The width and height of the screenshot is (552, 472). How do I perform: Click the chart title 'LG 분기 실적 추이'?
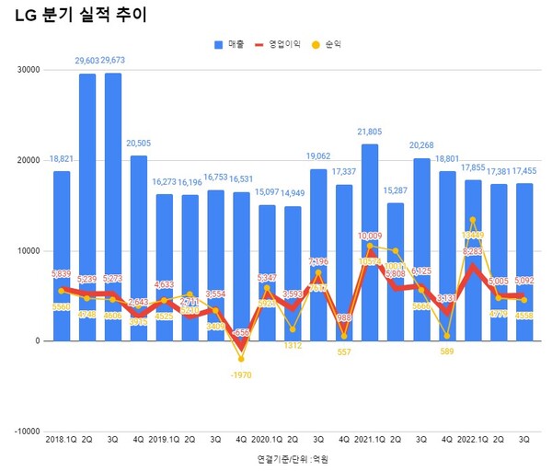tap(81, 16)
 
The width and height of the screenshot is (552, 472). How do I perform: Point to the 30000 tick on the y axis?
tap(29, 70)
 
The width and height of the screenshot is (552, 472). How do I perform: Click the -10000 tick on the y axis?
tap(27, 432)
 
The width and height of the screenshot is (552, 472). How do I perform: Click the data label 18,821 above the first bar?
tap(61, 159)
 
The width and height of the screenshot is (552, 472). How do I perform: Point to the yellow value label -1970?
tap(242, 374)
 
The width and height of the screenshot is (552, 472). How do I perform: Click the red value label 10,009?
tap(370, 236)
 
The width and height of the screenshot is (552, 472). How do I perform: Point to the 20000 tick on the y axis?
tap(29, 160)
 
